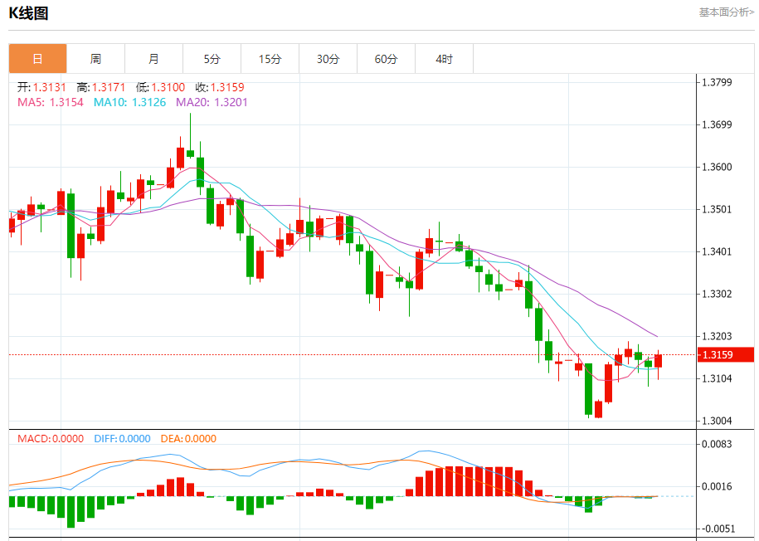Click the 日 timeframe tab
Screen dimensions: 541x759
click(x=37, y=59)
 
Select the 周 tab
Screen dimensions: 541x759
click(x=95, y=59)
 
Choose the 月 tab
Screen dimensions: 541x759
click(x=153, y=59)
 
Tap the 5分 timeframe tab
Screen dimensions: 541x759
click(x=212, y=59)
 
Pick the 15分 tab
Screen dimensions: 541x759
click(x=270, y=59)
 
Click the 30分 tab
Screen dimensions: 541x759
click(x=328, y=59)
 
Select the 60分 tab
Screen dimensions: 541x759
click(x=386, y=59)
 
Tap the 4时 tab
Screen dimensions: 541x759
click(x=444, y=59)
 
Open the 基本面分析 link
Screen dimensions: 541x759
click(x=727, y=12)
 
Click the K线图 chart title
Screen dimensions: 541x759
click(x=29, y=13)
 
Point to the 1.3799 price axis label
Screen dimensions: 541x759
click(x=717, y=82)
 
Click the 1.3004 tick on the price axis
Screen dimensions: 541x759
click(x=717, y=421)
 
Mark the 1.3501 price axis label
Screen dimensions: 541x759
click(x=717, y=209)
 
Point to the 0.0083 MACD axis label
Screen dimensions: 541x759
click(x=717, y=444)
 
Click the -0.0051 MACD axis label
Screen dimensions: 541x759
click(x=717, y=529)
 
